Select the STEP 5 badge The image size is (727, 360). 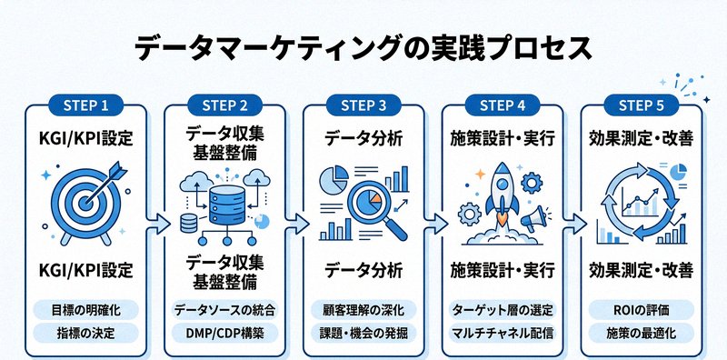641,105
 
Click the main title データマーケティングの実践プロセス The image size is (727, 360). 363,45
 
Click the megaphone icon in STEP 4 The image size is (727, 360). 537,218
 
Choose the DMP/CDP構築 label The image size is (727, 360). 224,333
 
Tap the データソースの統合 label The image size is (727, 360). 224,309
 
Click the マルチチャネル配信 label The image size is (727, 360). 502,333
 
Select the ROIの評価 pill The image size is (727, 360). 641,309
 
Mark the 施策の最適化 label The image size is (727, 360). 641,333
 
